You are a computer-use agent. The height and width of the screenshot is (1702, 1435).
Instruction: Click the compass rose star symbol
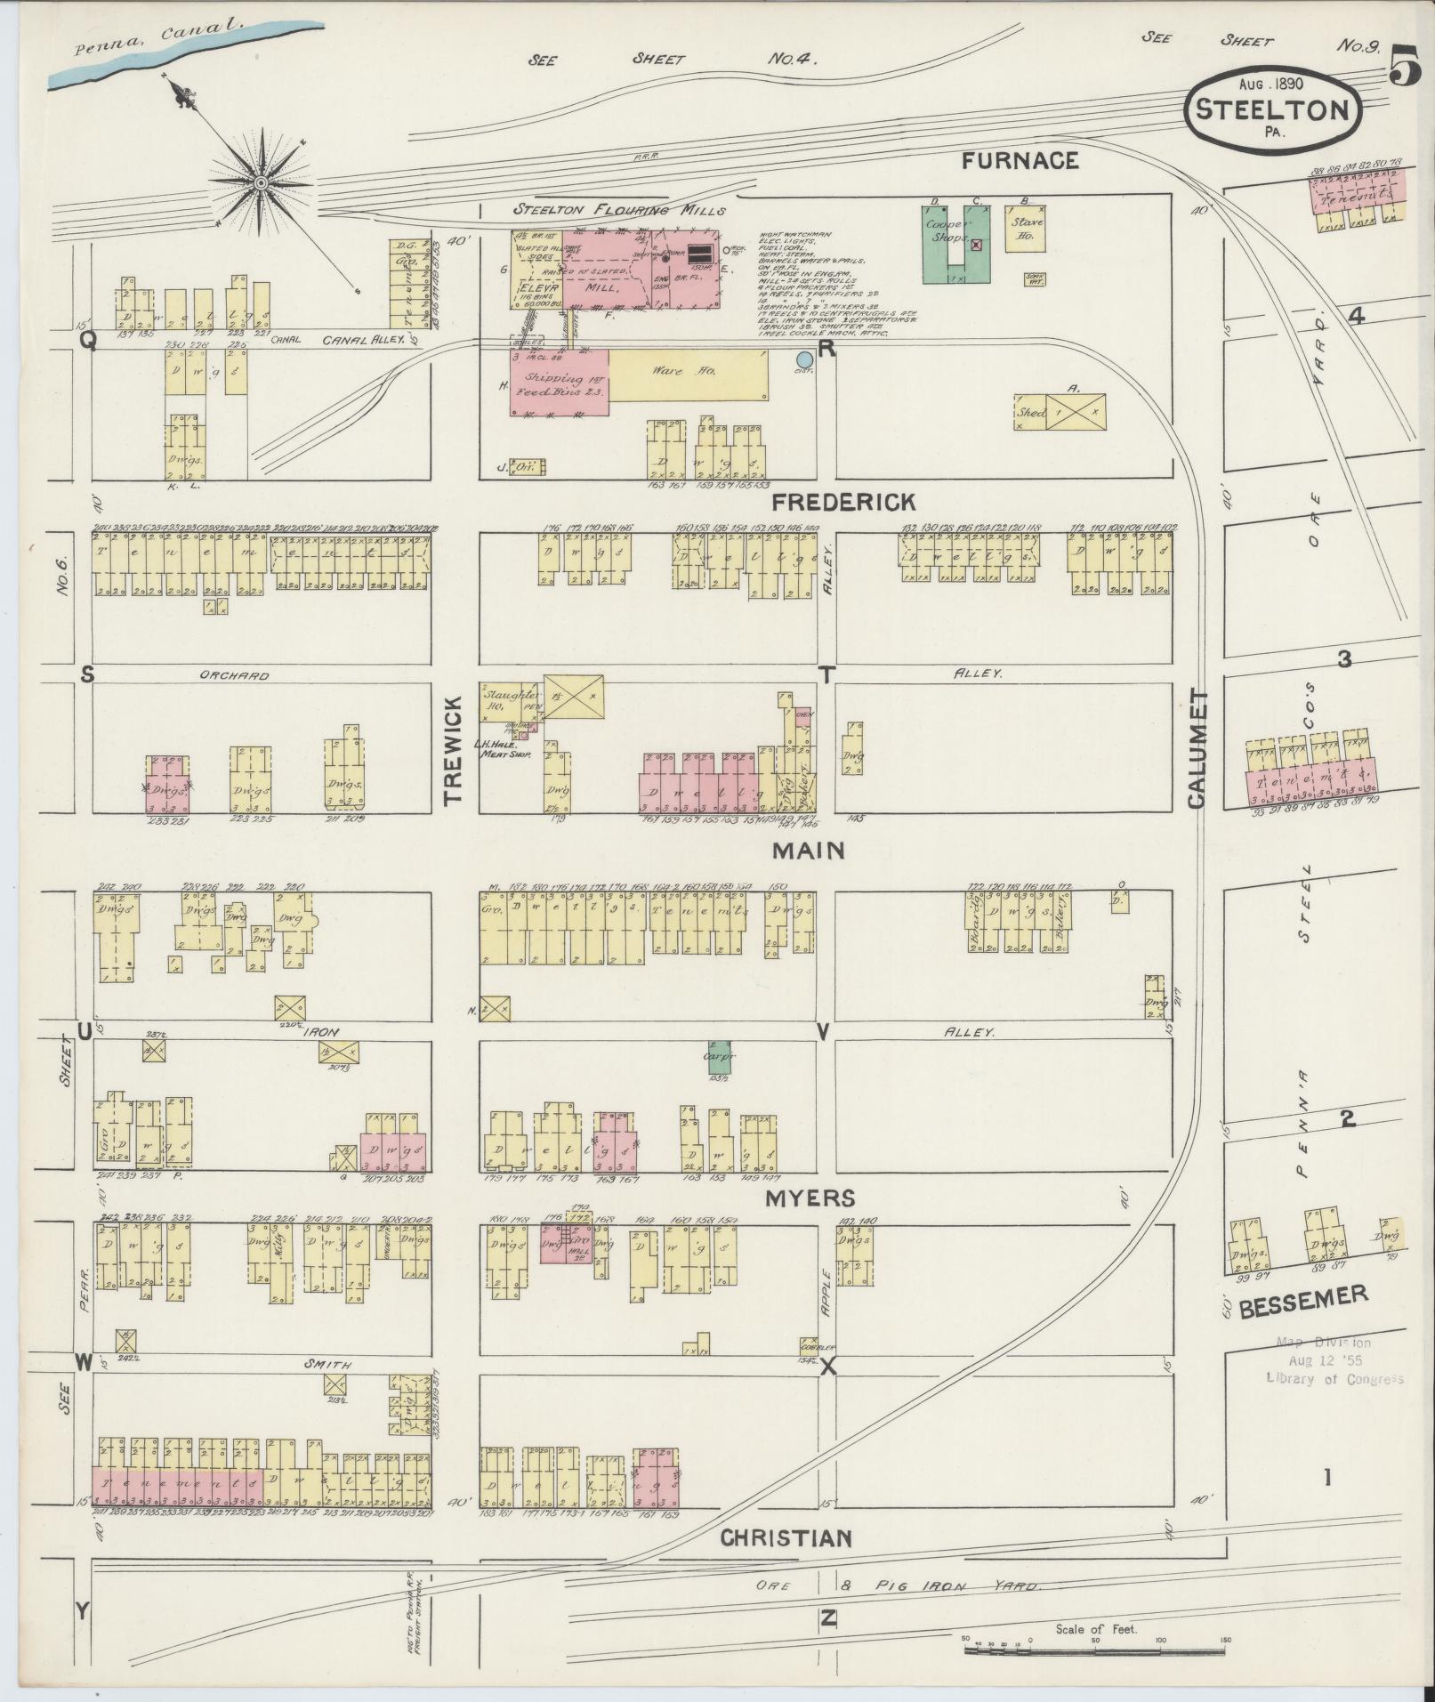(261, 183)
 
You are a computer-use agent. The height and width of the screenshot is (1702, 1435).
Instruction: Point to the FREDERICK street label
(842, 503)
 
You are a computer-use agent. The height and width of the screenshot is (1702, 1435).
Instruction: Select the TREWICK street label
(454, 751)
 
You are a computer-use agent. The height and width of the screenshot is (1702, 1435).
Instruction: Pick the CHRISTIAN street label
(786, 1538)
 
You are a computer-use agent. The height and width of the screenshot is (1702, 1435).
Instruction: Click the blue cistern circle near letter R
(804, 359)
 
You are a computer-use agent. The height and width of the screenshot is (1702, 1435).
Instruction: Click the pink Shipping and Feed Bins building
(559, 382)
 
